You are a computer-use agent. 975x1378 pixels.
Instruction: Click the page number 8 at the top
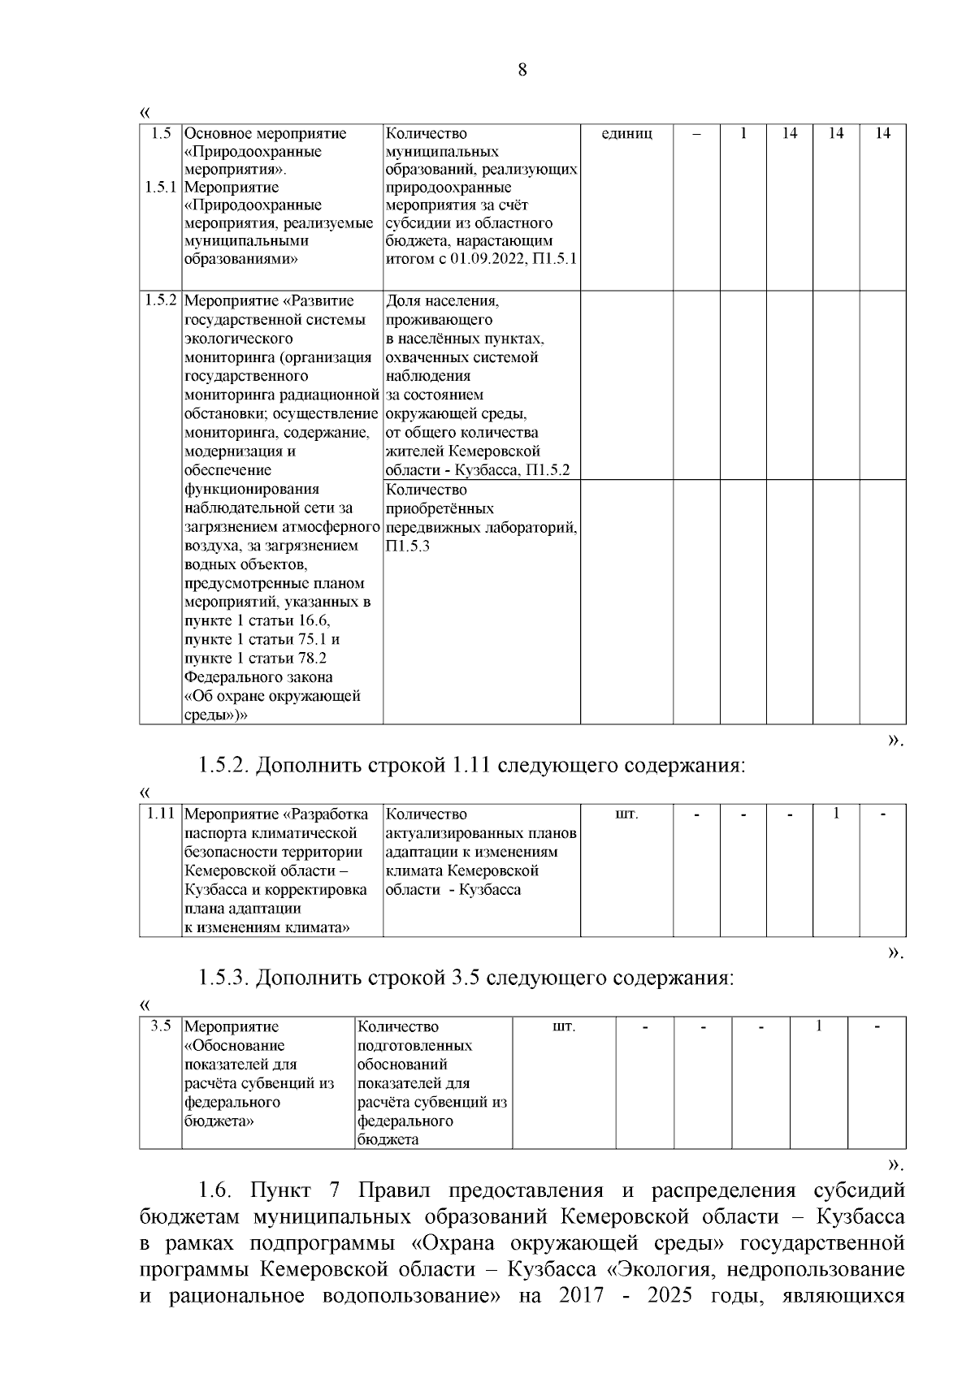coord(522,70)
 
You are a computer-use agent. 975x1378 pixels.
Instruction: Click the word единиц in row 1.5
coord(626,134)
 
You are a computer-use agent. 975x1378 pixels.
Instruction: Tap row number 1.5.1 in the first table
coord(161,188)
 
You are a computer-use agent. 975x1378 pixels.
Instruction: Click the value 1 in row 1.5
coord(743,134)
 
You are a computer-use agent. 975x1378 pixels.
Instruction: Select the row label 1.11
coord(161,814)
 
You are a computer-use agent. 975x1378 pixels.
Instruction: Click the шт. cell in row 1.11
coord(626,814)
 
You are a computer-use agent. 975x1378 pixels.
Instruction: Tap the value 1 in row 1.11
coord(836,813)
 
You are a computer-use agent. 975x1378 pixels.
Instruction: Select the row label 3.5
coord(161,1026)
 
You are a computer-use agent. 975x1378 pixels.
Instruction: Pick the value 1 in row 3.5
coord(819,1026)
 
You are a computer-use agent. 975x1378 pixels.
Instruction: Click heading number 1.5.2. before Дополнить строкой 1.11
coord(223,766)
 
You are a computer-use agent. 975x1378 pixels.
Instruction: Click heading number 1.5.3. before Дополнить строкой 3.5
coord(223,978)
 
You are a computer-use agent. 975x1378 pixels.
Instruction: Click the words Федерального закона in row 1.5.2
coord(258,677)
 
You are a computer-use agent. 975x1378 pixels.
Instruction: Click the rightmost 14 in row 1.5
coord(882,134)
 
